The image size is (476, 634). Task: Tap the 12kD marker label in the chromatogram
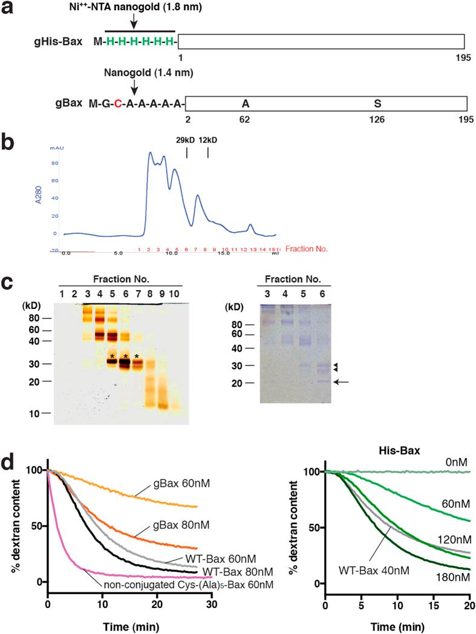click(208, 140)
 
